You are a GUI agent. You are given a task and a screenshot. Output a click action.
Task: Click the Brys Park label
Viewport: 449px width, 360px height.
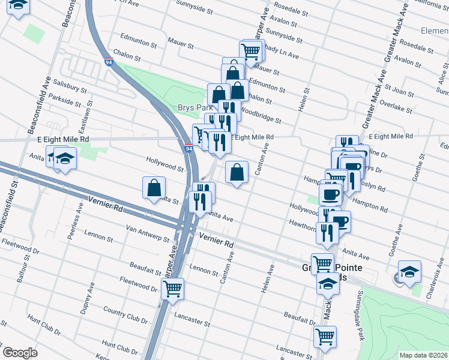click(x=192, y=107)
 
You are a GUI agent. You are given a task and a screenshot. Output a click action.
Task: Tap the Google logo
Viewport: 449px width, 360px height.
click(x=20, y=353)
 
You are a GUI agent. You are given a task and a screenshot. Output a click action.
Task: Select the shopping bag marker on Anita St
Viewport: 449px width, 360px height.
click(x=154, y=188)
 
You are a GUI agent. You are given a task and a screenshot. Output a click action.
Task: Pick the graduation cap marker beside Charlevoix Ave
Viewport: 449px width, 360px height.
click(x=409, y=271)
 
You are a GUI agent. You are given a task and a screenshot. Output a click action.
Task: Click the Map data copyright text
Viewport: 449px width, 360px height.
click(x=423, y=355)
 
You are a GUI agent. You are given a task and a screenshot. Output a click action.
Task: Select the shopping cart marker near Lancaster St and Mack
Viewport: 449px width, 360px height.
click(x=325, y=337)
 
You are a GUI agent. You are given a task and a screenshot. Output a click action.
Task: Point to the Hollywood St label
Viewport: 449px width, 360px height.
click(x=164, y=163)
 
